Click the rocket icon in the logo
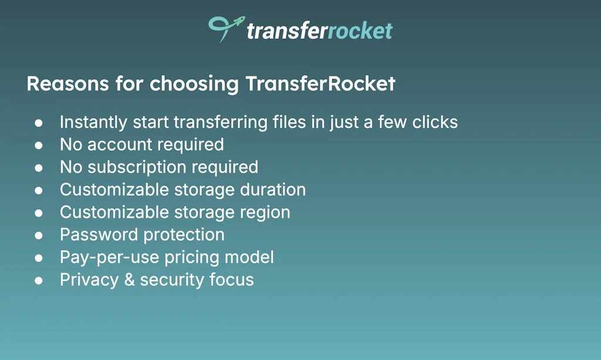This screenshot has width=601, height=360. [225, 27]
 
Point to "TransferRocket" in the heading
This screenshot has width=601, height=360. [320, 84]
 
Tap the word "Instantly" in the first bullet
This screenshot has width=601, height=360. [93, 123]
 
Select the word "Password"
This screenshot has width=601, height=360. [99, 235]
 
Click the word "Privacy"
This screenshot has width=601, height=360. [88, 280]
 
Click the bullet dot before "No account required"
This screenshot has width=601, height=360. [39, 145]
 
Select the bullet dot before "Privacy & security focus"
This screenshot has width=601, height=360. [39, 280]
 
